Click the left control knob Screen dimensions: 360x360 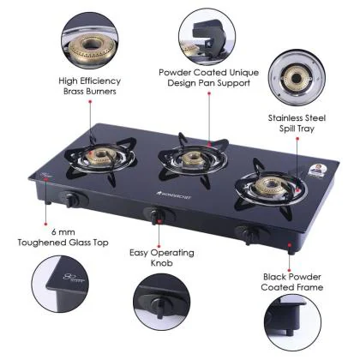[x=72, y=200]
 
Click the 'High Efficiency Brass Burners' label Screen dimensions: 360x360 [x=88, y=85]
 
